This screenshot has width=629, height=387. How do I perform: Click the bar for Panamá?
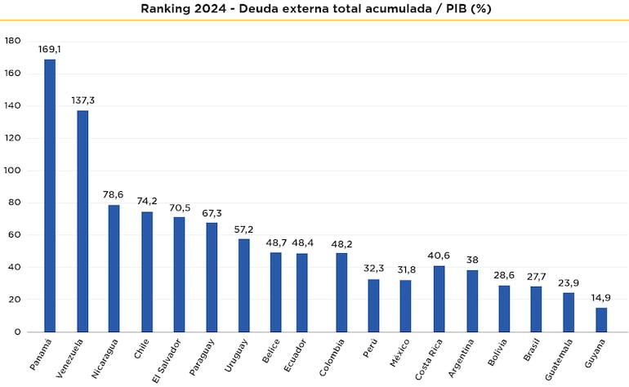(50, 196)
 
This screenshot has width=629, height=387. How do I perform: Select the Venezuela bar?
(83, 221)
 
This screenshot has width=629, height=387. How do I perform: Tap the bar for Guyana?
(601, 320)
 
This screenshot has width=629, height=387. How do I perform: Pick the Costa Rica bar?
(439, 299)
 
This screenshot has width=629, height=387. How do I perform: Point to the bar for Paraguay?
(212, 278)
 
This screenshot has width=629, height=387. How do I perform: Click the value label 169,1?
(50, 49)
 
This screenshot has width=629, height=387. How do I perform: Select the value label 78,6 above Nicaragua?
(114, 194)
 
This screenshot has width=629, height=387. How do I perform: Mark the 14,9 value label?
(601, 297)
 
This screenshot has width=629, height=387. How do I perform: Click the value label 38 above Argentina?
(471, 260)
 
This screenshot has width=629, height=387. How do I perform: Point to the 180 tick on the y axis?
(12, 41)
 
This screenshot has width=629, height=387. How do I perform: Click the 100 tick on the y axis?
(12, 171)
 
